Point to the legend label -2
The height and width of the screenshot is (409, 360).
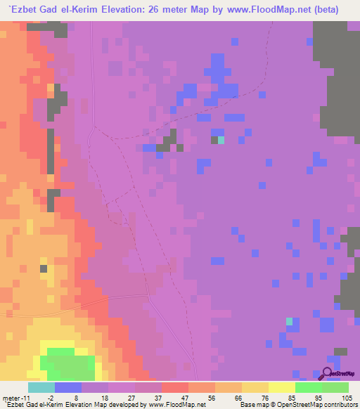point(51,398)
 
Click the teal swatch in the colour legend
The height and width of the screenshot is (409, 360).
point(41,387)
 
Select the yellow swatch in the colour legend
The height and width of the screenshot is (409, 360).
point(281,387)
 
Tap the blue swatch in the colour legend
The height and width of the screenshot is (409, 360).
point(67,387)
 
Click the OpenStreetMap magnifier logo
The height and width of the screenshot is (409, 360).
point(328,374)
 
